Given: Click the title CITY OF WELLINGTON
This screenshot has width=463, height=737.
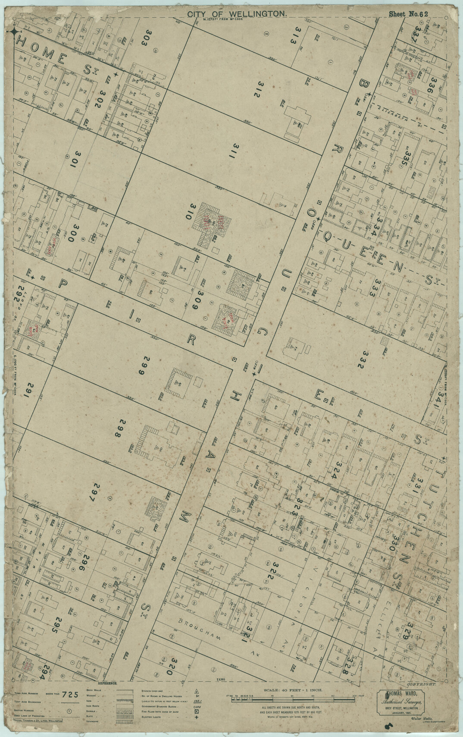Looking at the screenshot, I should pyautogui.click(x=237, y=14).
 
